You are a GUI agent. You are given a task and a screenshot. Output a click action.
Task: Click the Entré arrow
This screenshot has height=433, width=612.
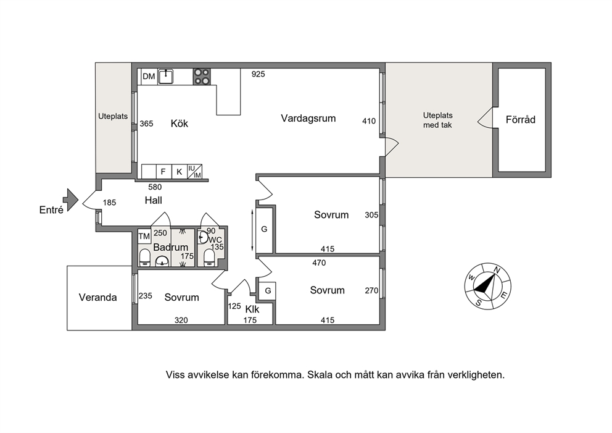tap(71, 200)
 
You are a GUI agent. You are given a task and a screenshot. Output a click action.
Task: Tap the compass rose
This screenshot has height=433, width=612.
tap(487, 286)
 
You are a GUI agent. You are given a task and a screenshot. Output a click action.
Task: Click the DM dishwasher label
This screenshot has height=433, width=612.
tap(149, 77)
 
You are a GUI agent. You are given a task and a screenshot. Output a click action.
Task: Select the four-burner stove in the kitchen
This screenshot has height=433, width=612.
tap(202, 77)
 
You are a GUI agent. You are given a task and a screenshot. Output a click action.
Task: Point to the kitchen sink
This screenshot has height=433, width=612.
tap(166, 76)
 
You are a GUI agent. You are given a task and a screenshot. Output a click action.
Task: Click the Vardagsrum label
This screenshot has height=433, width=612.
tap(308, 118)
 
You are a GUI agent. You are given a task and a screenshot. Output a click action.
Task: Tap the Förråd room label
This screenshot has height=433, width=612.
tap(520, 120)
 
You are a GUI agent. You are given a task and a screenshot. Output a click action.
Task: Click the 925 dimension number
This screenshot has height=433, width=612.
tap(258, 74)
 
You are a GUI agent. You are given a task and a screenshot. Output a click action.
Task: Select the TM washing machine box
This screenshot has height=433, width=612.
tap(144, 236)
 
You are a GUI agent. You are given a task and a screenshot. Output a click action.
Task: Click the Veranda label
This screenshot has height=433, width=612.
tap(97, 297)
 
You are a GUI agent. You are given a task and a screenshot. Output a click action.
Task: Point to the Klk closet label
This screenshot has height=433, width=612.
tap(252, 309)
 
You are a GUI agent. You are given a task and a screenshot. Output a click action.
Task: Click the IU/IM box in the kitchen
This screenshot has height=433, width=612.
tap(194, 172)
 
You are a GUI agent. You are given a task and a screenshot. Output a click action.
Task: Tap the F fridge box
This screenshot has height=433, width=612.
tap(163, 172)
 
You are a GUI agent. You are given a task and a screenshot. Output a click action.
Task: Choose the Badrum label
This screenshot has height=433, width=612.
tap(170, 247)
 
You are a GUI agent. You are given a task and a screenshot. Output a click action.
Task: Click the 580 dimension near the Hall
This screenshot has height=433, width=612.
tap(155, 187)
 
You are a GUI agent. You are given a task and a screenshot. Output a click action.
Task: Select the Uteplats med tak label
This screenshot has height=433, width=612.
tap(437, 120)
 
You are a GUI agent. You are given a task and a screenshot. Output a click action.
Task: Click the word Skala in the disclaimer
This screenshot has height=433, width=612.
tap(320, 375)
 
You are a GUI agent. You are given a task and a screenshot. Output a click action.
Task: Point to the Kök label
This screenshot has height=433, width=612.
tap(180, 124)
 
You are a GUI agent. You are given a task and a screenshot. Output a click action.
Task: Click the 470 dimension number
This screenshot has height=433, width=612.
tap(319, 263)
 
